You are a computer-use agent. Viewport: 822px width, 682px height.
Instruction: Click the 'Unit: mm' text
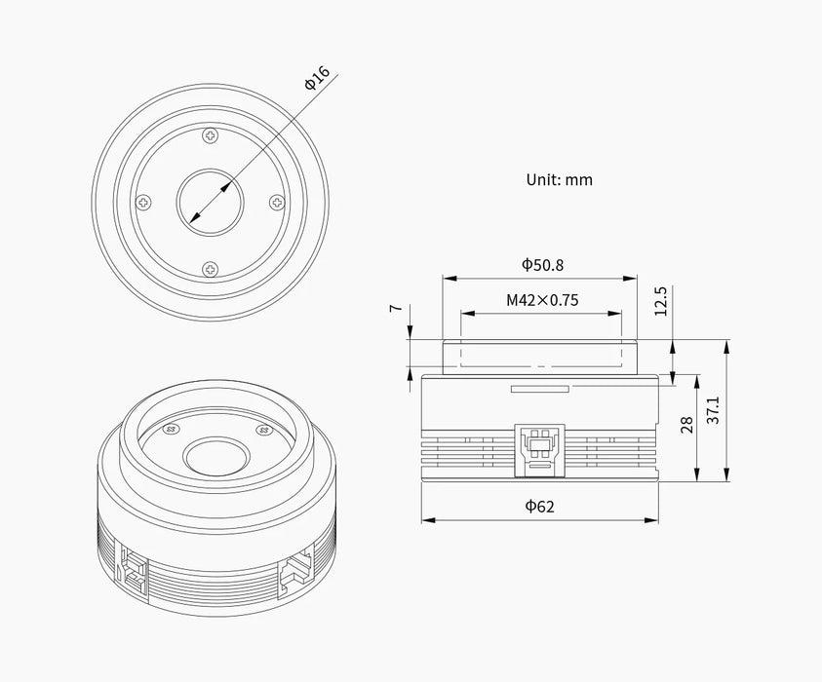point(559,179)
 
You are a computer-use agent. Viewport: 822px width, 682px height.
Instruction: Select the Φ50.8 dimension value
point(541,264)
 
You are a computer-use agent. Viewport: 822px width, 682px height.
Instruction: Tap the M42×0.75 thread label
point(542,300)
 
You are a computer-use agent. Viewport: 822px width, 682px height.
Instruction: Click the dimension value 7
point(395,307)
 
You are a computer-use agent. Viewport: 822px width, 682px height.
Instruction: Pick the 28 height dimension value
point(687,425)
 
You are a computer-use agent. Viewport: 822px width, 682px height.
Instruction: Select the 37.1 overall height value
point(715,410)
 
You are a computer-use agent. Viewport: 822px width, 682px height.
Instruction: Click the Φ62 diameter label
point(540,506)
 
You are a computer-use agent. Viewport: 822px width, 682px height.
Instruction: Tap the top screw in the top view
point(210,135)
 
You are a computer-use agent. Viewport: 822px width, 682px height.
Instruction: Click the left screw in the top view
point(144,202)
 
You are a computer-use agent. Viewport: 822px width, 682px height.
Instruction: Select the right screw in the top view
point(276,202)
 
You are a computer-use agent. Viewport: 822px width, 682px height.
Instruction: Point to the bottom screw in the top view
point(210,268)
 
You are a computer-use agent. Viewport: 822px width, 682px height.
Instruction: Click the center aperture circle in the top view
point(210,202)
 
